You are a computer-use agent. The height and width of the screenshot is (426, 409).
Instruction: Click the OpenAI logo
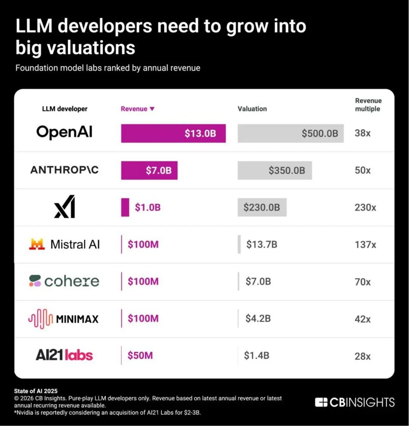tap(64, 133)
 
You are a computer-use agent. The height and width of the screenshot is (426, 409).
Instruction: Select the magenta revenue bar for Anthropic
tap(149, 170)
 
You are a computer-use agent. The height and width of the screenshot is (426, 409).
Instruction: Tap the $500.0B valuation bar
tap(290, 133)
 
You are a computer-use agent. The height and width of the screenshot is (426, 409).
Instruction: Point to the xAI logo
tap(64, 207)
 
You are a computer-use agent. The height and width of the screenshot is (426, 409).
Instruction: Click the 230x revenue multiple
tap(365, 208)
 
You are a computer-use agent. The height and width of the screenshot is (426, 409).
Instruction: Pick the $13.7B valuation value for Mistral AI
tap(262, 245)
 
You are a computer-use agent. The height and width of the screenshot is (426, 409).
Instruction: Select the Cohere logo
tap(64, 281)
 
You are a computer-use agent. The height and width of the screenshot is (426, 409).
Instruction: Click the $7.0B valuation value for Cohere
tap(258, 282)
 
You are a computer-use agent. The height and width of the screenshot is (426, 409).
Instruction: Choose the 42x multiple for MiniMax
tap(362, 319)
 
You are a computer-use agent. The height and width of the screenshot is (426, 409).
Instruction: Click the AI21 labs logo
tap(64, 355)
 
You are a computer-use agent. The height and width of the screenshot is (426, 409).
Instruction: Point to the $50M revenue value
tap(140, 356)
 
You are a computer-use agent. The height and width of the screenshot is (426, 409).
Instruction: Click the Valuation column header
tap(252, 109)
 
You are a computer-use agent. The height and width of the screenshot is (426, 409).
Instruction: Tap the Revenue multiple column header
tap(368, 105)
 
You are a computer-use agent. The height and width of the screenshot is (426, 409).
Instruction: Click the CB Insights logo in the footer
tap(355, 402)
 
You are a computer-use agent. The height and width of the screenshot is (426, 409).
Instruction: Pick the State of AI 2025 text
tap(36, 391)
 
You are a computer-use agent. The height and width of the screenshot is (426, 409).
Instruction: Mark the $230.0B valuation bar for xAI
tap(262, 208)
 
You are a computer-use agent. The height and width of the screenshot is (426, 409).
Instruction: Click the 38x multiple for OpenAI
tap(362, 133)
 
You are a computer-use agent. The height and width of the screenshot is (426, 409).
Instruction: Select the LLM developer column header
tap(64, 109)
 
